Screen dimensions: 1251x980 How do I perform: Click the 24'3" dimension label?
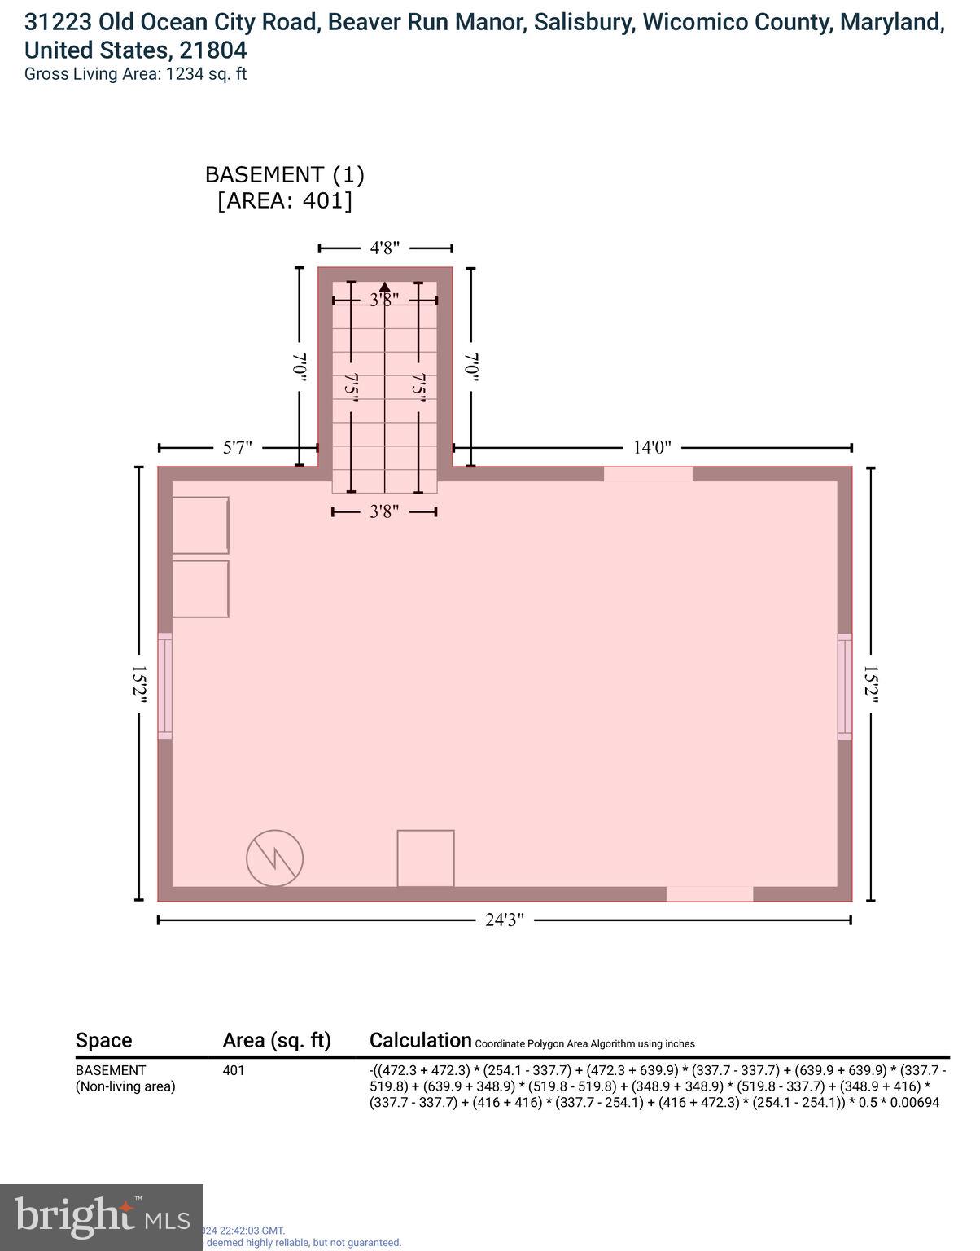505,920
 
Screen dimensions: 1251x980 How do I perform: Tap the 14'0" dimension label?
652,447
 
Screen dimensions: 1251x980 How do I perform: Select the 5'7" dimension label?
238,447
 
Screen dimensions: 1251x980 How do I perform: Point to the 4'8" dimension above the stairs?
385,248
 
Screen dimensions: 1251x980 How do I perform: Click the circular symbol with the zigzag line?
275,858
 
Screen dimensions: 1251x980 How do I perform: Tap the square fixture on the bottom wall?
426,858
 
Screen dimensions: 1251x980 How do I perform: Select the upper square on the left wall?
200,525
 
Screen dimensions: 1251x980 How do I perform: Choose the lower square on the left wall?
200,589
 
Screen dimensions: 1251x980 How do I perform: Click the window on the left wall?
165,686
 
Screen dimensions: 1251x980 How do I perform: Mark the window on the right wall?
845,686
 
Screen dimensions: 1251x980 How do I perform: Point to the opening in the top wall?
648,474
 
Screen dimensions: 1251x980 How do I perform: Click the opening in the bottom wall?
710,893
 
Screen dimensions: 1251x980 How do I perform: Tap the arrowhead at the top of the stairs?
385,286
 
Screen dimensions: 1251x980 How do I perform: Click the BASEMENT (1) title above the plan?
285,174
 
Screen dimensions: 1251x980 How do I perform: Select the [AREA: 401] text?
285,200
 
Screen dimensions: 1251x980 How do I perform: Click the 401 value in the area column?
234,1070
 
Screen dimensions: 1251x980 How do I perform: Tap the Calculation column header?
420,1040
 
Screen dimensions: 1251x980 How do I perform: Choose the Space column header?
103,1040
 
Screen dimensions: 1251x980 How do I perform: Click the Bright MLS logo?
102,1217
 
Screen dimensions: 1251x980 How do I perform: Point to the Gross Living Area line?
135,74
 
